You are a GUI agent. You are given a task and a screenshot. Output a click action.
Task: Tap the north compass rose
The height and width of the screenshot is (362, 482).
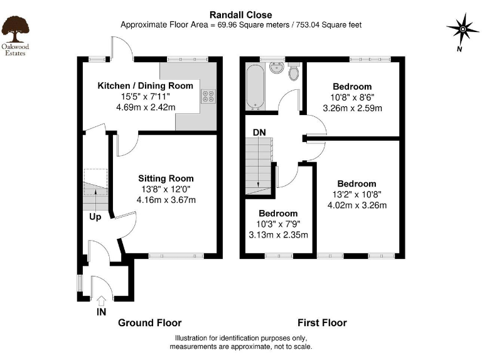tap(462, 29)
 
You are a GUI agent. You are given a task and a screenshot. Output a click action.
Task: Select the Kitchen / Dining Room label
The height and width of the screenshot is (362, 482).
tap(144, 85)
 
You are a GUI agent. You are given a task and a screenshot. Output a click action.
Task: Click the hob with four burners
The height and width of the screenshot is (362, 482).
tap(208, 97)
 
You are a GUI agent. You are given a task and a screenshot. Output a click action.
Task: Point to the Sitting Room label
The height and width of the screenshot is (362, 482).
tap(166, 178)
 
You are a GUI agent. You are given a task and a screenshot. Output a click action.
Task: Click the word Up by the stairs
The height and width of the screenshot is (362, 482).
tap(95, 217)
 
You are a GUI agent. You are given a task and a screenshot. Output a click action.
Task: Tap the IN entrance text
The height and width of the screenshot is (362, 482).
tap(101, 312)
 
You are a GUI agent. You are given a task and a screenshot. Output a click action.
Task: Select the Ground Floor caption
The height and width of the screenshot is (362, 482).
tap(150, 323)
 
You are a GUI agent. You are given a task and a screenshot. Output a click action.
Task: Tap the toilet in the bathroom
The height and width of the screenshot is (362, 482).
tap(293, 73)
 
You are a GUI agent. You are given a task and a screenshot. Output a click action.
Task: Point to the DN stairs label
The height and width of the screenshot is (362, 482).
tap(259, 133)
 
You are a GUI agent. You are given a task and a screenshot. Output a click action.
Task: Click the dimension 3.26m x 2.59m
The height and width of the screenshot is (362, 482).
tap(352, 108)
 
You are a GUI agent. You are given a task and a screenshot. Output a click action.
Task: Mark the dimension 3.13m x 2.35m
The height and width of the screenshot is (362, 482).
tap(279, 236)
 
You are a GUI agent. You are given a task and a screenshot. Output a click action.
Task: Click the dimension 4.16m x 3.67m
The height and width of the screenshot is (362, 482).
tap(166, 200)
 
